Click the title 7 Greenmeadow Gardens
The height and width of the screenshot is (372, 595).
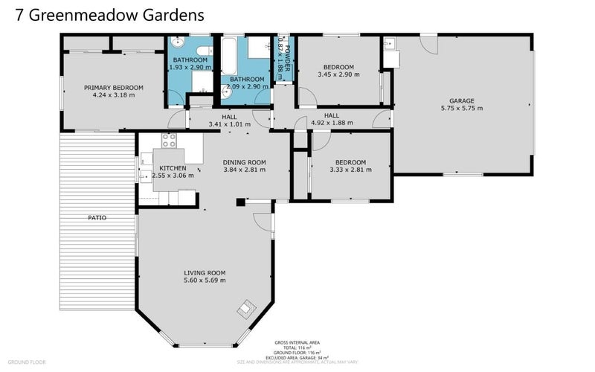pyautogui.click(x=106, y=14)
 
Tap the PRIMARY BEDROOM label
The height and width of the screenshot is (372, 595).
pyautogui.click(x=113, y=87)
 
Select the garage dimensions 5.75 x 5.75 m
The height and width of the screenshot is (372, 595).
pyautogui.click(x=461, y=109)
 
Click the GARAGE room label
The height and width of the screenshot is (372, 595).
pyautogui.click(x=461, y=101)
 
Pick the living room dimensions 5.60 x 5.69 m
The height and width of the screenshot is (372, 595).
pyautogui.click(x=205, y=280)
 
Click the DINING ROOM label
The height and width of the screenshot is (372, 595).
pyautogui.click(x=245, y=162)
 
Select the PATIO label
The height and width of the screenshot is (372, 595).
pyautogui.click(x=97, y=218)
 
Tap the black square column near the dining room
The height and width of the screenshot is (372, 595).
pyautogui.click(x=240, y=202)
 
